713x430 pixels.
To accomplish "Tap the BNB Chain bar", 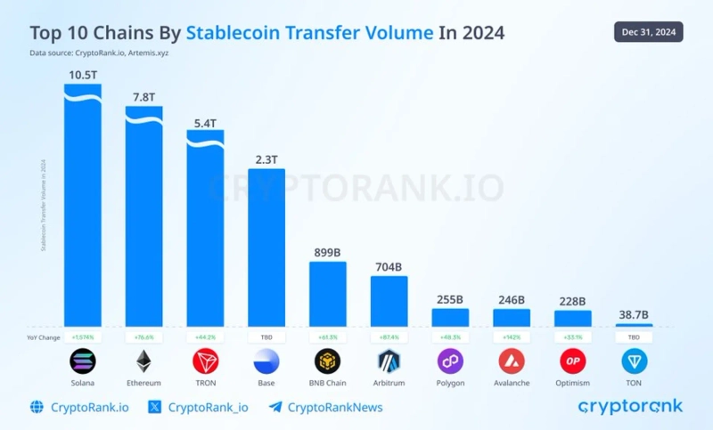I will pos(328,294).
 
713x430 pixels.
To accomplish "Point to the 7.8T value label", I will pos(143,96).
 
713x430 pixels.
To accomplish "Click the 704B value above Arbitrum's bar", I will pos(389,265).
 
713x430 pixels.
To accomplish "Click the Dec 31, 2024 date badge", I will pos(649,33).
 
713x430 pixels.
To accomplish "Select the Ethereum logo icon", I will pos(143,361).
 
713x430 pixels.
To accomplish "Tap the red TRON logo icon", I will pos(205,361).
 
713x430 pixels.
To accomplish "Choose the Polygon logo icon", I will pos(450,361).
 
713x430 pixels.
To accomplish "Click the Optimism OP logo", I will pos(573,361).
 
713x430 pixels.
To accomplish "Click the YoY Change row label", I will pos(44,337).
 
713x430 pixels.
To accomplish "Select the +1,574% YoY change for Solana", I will pos(82,337).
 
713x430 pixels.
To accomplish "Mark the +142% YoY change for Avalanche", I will pos(512,337).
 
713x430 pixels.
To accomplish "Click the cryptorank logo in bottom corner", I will pos(630,406).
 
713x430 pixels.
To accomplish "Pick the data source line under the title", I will pos(99,54).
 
